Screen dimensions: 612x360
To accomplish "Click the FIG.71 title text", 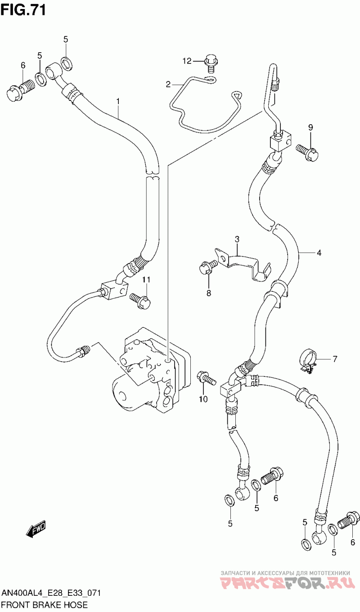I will (23, 10).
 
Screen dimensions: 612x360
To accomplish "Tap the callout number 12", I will (187, 61).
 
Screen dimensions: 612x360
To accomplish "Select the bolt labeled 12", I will (210, 63).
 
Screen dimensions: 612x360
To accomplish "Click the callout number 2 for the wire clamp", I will (168, 84).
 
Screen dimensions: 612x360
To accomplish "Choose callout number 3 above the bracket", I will (237, 239).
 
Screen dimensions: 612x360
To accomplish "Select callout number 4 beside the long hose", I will (319, 253).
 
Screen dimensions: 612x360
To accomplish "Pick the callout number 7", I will (334, 359).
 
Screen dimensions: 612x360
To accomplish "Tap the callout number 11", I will (146, 280).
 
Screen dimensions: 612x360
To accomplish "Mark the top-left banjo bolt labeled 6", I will (19, 90).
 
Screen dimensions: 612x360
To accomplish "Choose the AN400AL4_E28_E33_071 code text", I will (50, 593).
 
